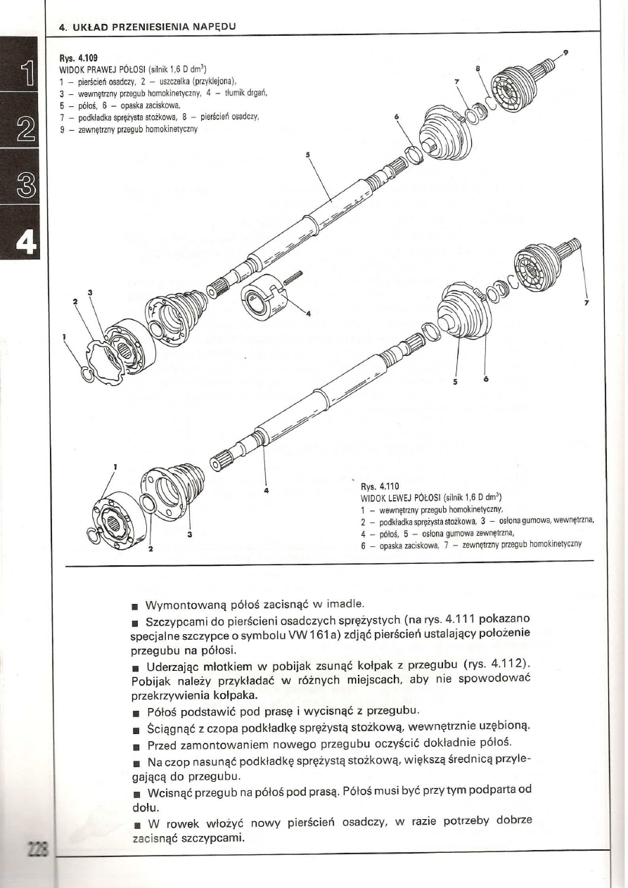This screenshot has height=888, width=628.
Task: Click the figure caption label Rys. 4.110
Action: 380,486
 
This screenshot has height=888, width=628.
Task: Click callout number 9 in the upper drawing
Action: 566,52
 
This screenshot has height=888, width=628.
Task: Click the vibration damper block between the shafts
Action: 261,297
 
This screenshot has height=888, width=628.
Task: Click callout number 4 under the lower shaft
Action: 267,490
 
